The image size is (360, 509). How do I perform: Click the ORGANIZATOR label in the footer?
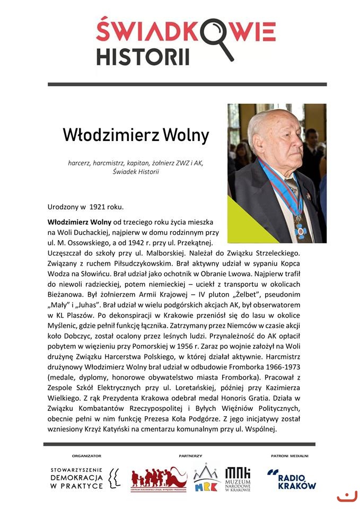pyautogui.click(x=86, y=455)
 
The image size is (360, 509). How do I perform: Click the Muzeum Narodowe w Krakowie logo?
pyautogui.click(x=238, y=479)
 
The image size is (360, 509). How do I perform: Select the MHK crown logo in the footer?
pyautogui.click(x=206, y=478)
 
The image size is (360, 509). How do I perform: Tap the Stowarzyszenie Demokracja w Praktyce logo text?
pyautogui.click(x=76, y=478)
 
